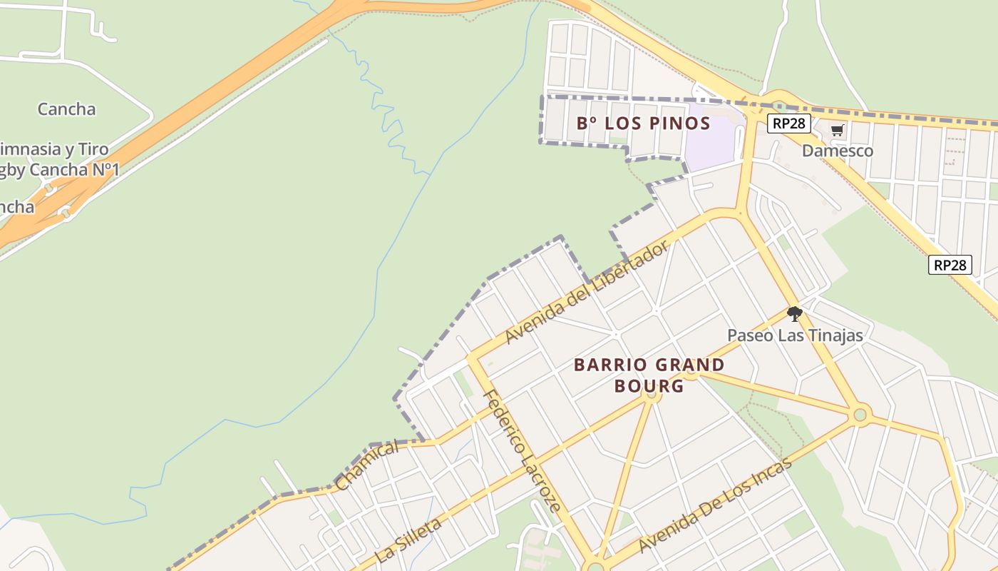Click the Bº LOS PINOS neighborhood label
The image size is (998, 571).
click(x=643, y=123)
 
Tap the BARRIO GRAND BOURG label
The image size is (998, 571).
click(x=649, y=375)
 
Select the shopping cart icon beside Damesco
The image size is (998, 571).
click(x=837, y=130)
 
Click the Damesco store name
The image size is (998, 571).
click(x=837, y=151)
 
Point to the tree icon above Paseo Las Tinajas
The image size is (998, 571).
click(x=794, y=313)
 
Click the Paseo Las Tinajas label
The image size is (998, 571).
click(x=794, y=335)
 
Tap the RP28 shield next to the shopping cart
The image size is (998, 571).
click(x=789, y=123)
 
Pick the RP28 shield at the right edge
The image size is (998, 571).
click(x=950, y=266)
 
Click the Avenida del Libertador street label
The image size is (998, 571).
click(x=586, y=292)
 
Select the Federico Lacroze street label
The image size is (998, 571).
click(x=522, y=451)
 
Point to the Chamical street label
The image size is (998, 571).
click(x=366, y=465)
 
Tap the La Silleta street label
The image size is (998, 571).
click(x=408, y=541)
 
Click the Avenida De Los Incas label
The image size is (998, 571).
click(x=715, y=506)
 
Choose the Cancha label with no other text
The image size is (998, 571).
click(x=66, y=109)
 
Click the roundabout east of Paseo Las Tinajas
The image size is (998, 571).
click(x=860, y=413)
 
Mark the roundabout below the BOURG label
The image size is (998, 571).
click(x=650, y=393)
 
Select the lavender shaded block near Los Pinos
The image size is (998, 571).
click(x=709, y=139)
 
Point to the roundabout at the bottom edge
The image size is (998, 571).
click(x=593, y=567)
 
